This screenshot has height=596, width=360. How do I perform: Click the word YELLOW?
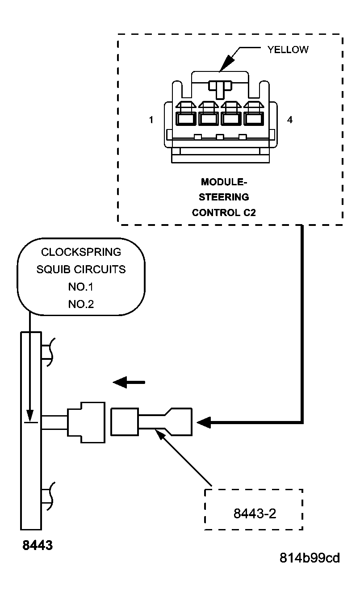[288, 50]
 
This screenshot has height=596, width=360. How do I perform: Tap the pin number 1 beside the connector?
[152, 120]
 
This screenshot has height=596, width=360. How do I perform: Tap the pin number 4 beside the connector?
[290, 120]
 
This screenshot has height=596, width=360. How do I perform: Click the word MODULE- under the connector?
[224, 182]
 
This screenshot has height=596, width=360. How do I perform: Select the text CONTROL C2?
[224, 213]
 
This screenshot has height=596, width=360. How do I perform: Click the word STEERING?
[224, 197]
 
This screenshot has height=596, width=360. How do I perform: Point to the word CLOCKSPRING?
[81, 252]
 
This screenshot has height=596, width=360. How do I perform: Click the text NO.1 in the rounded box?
[81, 287]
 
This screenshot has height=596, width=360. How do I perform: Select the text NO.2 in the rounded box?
[81, 304]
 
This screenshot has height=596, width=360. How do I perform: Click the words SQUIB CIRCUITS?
[81, 270]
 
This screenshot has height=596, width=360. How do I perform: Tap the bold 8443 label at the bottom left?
[38, 545]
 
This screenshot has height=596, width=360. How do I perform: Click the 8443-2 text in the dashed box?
[255, 514]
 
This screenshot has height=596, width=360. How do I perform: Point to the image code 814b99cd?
[310, 558]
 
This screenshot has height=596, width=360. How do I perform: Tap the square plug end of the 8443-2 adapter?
[125, 421]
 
